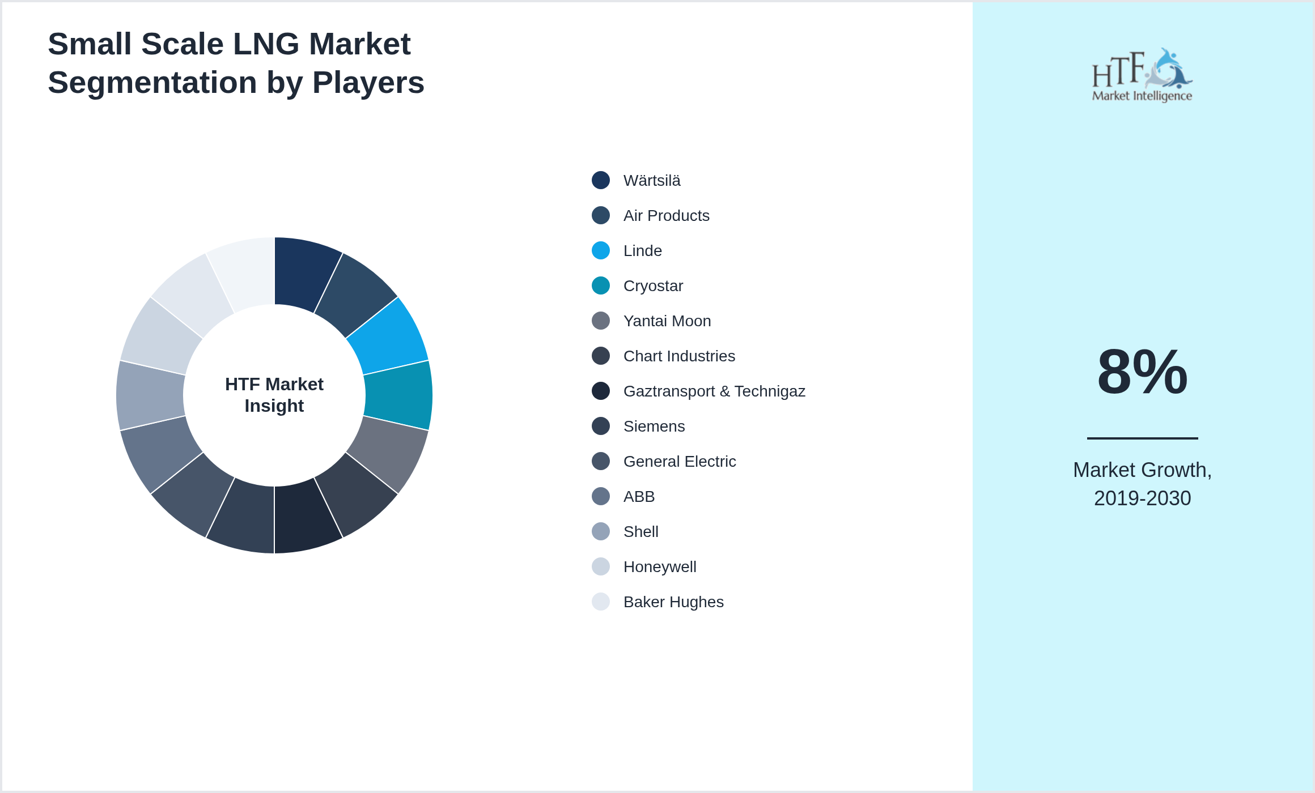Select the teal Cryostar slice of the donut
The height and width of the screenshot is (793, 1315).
tap(398, 395)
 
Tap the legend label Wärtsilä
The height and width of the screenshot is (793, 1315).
tap(652, 181)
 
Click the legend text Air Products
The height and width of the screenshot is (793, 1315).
tap(666, 216)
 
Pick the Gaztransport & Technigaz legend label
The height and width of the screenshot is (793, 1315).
tap(714, 391)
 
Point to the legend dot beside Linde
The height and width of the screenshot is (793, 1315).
tap(601, 250)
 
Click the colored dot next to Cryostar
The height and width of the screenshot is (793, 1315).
tap(601, 285)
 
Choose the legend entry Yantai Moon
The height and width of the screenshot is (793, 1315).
tap(667, 321)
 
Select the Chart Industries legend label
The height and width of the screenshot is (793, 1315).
tap(679, 356)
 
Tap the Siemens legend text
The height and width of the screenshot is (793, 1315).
tap(654, 427)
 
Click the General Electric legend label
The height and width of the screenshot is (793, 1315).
tap(680, 462)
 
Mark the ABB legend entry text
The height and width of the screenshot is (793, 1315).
tap(639, 497)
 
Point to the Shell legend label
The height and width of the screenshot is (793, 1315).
tap(640, 532)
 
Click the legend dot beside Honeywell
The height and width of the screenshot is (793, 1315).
tap(601, 566)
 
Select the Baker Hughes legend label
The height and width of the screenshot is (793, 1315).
tap(673, 602)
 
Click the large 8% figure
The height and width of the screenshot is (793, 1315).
tap(1142, 372)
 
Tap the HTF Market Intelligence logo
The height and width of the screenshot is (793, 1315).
tap(1142, 75)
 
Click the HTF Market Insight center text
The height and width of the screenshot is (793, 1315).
tap(274, 395)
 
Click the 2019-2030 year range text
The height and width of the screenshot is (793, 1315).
tap(1142, 498)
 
